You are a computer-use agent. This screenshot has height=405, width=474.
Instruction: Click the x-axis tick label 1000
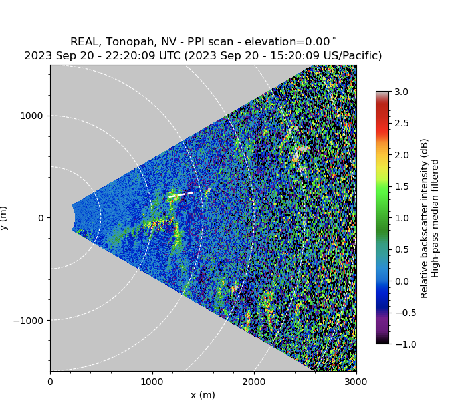pos(152,382)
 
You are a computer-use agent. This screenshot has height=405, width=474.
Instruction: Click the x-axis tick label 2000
pos(254,382)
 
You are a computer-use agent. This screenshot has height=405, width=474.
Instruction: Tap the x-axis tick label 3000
pos(356,382)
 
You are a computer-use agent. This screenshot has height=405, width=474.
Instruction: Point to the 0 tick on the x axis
pos(50,382)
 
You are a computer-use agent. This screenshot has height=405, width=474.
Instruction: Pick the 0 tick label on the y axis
pos(40,218)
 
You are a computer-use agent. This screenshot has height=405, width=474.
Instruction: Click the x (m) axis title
pos(203,395)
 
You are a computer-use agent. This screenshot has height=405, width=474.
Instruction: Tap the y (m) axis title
pos(5,218)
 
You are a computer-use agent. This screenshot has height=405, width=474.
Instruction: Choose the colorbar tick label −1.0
pos(400,344)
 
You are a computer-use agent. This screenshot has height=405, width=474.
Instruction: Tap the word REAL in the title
pos(84,42)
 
